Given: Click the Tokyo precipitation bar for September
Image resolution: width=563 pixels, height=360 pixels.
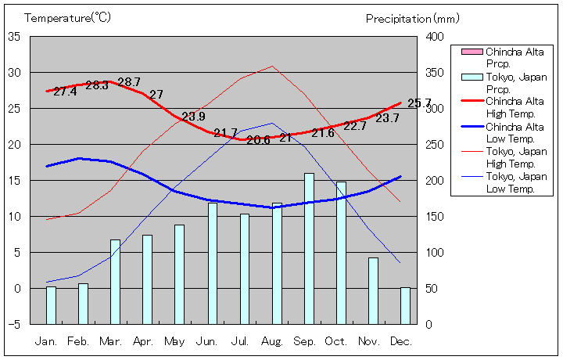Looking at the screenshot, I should coord(309,248).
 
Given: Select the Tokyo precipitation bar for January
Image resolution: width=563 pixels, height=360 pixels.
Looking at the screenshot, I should coord(51,304).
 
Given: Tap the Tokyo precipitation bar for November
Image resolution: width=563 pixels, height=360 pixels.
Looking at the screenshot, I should coord(373,290).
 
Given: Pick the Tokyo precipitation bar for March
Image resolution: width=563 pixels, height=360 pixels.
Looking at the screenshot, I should coord(115,281).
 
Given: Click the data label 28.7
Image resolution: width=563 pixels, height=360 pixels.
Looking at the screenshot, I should coord(128,82).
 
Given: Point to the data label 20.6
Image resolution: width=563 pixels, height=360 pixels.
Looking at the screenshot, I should coord(258,140).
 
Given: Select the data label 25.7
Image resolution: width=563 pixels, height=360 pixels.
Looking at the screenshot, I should coord(419,103).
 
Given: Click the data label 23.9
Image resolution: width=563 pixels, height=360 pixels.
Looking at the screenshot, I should coord(193,117).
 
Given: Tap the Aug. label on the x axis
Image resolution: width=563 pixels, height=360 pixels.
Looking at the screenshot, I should coord(272,341).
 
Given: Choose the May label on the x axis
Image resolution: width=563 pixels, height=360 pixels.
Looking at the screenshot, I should coord(175,341).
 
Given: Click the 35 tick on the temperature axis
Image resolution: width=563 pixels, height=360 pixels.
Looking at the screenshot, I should coord(15,37).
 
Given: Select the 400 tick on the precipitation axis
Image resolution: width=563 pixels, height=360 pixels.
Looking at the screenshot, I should coord(435,37).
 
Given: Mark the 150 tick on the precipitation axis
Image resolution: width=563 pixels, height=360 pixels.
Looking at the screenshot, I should coord(435,217).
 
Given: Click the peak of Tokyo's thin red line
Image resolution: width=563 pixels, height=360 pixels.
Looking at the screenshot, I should coord(272,66).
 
